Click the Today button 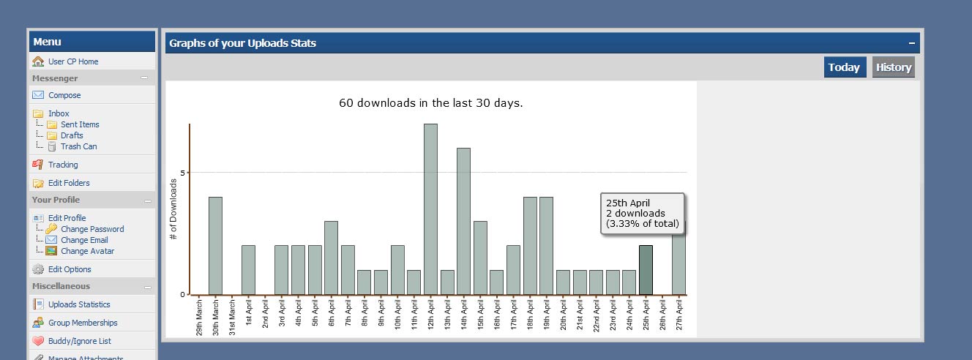tap(845, 67)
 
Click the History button tap(893, 67)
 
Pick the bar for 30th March tap(215, 246)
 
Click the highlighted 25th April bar tap(646, 270)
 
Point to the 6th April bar tap(331, 258)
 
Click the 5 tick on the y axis tap(183, 173)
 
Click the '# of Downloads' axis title tap(173, 209)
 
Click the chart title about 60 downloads tap(430, 103)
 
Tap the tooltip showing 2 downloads tap(642, 214)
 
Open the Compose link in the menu tap(64, 95)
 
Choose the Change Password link tap(92, 229)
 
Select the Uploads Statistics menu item tap(79, 304)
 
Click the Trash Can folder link tap(78, 146)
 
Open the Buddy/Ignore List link tap(79, 341)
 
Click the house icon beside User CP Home tap(38, 61)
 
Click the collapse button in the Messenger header tap(144, 78)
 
